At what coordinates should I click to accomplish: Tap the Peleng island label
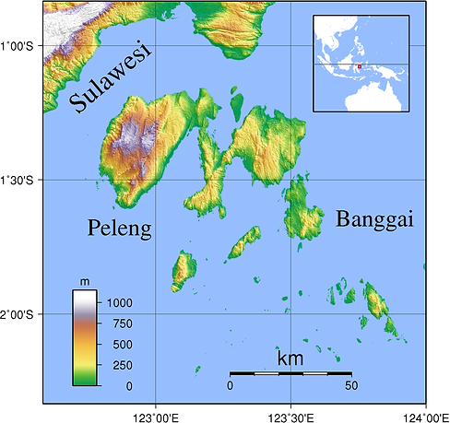120,229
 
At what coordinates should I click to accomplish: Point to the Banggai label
374,219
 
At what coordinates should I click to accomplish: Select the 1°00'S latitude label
18,46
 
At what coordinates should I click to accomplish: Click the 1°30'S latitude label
18,181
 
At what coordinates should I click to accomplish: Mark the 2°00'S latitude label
18,315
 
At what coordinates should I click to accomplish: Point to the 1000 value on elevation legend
119,302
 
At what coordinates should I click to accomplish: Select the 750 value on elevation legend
119,323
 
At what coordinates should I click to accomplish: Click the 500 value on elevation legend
119,345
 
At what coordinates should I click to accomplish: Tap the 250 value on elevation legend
119,365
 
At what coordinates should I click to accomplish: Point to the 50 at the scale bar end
350,385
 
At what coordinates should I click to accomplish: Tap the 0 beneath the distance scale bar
230,385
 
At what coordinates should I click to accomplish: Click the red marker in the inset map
359,66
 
